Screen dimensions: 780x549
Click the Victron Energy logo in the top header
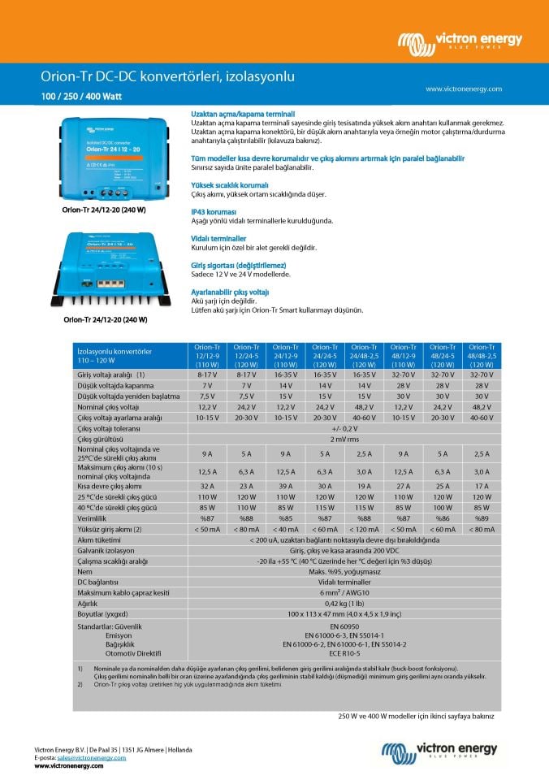pyautogui.click(x=460, y=41)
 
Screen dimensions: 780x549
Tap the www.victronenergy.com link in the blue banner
pyautogui.click(x=463, y=89)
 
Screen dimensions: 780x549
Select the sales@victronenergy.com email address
pyautogui.click(x=93, y=757)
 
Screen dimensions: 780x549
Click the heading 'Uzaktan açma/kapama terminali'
pyautogui.click(x=242, y=114)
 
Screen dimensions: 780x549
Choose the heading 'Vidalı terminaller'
pyautogui.click(x=218, y=238)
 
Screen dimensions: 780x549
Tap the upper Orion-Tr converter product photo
pyautogui.click(x=115, y=158)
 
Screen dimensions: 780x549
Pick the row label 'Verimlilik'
pyautogui.click(x=93, y=518)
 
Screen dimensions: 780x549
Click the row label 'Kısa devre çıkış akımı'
pyautogui.click(x=109, y=486)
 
